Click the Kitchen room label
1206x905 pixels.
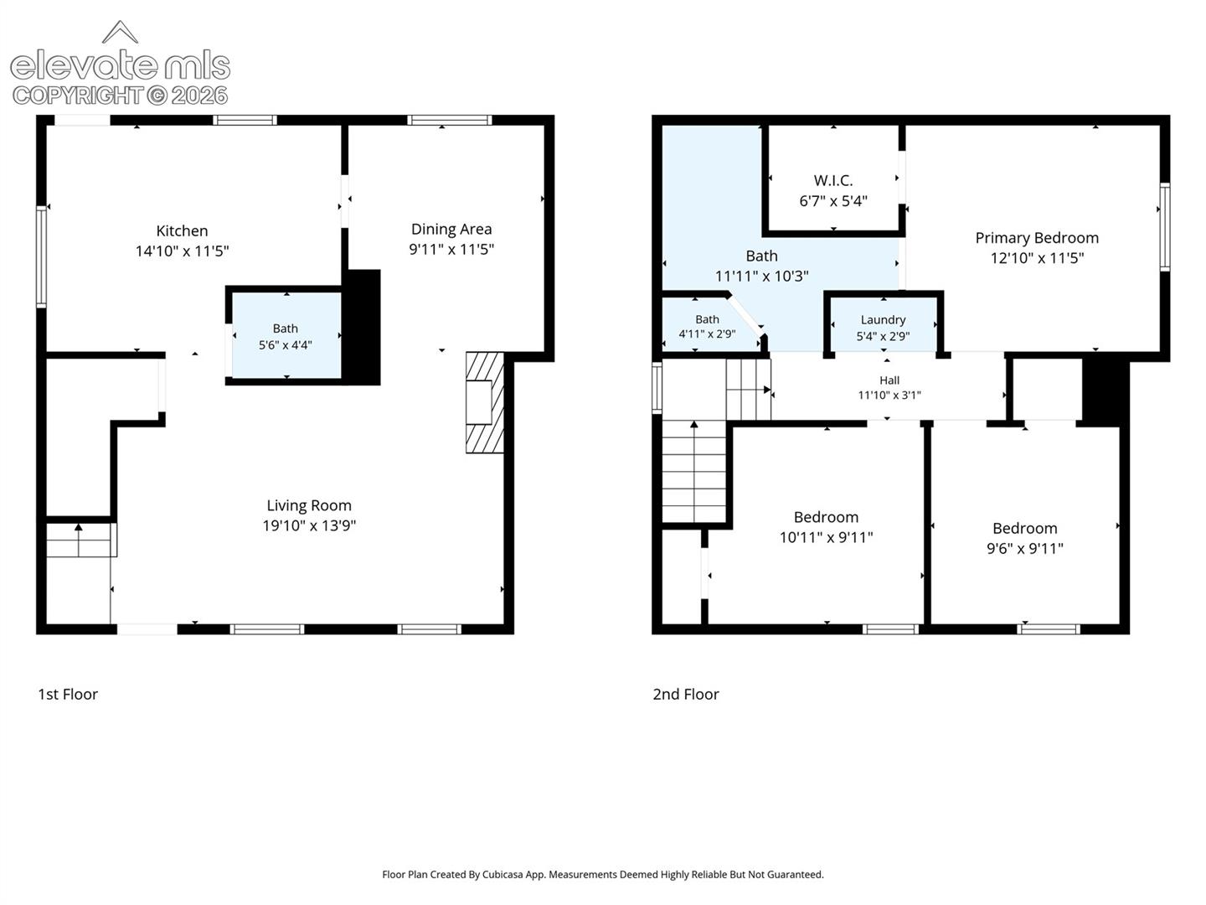(182, 230)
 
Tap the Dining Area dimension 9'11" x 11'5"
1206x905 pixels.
(451, 250)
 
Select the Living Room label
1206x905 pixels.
(309, 505)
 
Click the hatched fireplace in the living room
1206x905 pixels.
(485, 402)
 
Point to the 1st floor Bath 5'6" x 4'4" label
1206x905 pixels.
(285, 337)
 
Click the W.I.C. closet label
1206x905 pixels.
(833, 180)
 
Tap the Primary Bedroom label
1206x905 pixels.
(1037, 238)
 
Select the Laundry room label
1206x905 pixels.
(883, 320)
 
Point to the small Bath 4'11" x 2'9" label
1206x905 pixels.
(707, 327)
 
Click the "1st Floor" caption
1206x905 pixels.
(68, 694)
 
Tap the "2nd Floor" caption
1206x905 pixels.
(686, 694)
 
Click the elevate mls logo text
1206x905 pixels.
(121, 65)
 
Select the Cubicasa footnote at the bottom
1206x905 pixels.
(603, 874)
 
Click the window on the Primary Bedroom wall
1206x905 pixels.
(1165, 226)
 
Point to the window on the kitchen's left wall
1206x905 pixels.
(41, 256)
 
